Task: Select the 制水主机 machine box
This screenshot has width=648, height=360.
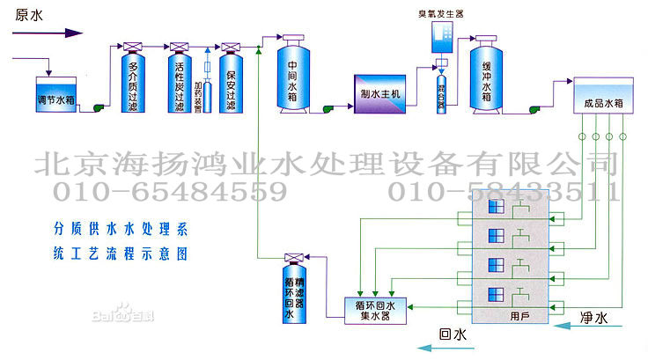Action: pyautogui.click(x=381, y=94)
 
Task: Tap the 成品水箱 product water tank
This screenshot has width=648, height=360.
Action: pyautogui.click(x=603, y=100)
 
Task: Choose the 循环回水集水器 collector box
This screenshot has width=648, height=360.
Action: pyautogui.click(x=373, y=310)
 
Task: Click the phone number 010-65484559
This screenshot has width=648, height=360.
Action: pyautogui.click(x=171, y=191)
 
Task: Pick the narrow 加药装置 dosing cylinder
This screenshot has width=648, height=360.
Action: pyautogui.click(x=207, y=84)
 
